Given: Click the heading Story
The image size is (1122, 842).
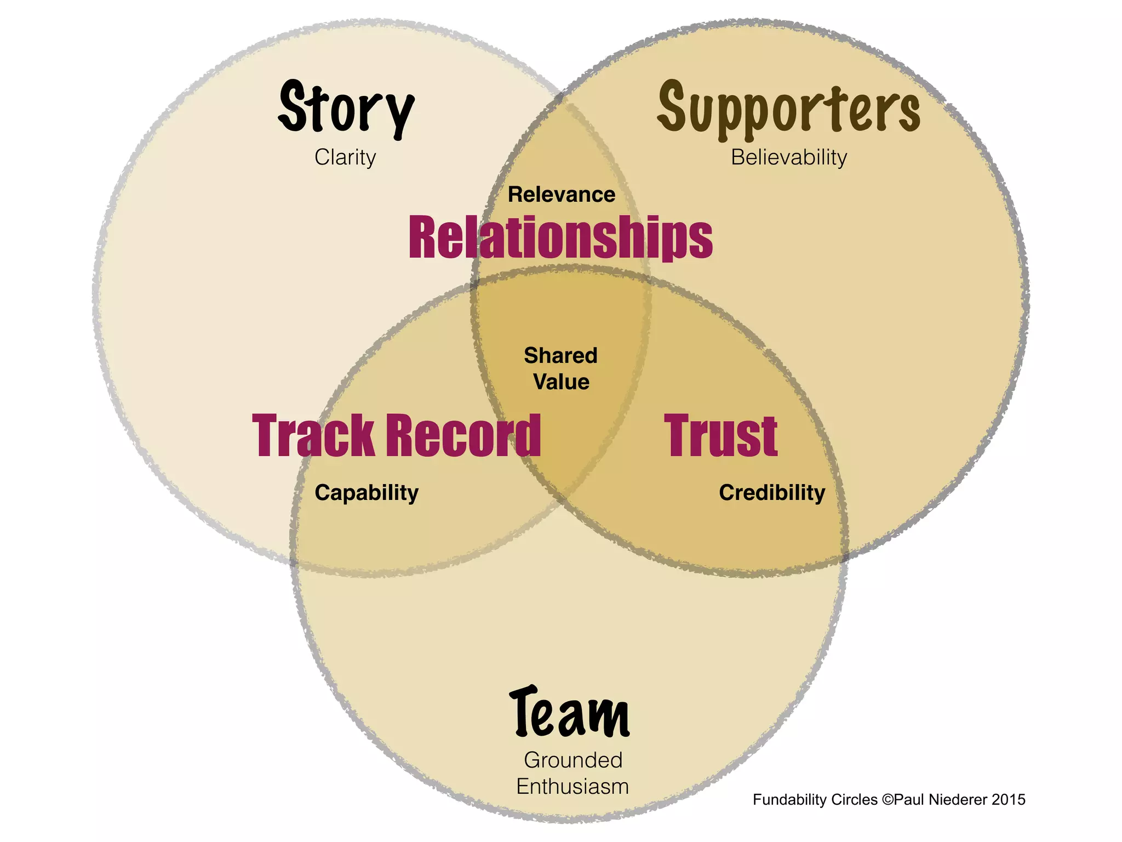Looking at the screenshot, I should coord(346,108).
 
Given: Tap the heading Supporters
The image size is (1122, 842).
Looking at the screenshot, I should coord(788,108).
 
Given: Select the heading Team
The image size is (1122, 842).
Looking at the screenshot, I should coord(570,712).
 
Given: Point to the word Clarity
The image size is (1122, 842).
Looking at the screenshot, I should coord(345,157).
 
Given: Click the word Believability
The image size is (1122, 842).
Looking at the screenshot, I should coord(789,157).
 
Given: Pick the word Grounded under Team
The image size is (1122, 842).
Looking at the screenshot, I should coord(573,760).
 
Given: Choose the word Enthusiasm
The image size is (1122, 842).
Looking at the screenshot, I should coord(573,787).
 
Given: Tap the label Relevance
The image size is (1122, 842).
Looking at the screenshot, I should coord(562,195).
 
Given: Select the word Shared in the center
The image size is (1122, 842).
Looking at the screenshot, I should coord(560,356).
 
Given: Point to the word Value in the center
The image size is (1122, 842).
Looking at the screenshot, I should coord(562,382).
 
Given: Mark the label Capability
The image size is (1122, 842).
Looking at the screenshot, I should coord(367,493).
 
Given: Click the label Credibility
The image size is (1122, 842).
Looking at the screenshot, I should coord(772,493).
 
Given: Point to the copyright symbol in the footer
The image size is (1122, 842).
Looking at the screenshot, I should coord(888,800).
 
